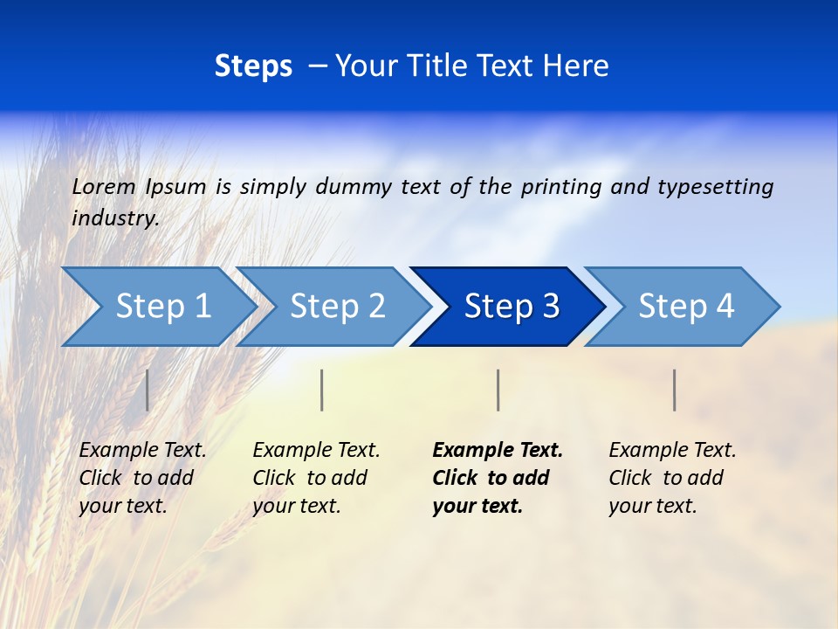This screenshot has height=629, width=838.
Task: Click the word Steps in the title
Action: (x=253, y=66)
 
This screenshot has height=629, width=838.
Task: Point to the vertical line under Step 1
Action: (x=148, y=390)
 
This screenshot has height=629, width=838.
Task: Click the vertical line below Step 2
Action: (x=322, y=390)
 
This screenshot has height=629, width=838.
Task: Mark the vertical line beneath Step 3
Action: (x=498, y=390)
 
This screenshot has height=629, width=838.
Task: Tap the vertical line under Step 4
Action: (x=674, y=390)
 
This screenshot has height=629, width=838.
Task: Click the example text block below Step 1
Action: (x=142, y=478)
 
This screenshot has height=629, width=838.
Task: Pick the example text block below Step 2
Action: (x=316, y=478)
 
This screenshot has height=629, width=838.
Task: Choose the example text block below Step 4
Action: (x=672, y=478)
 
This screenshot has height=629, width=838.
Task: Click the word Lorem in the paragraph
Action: (x=104, y=187)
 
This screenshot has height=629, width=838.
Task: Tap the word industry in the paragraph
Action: (x=114, y=218)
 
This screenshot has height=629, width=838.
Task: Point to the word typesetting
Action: (x=715, y=187)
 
